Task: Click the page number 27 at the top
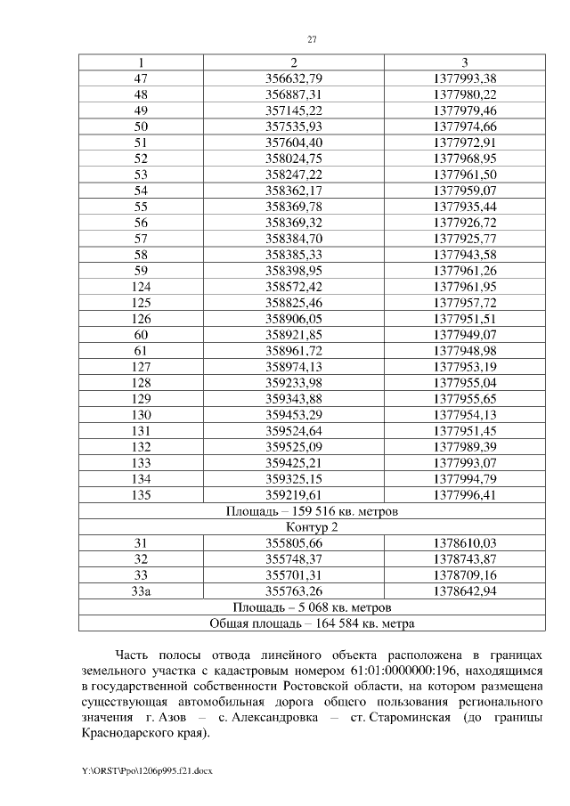pos(312,39)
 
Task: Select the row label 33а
pos(141,591)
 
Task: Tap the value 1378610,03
pos(465,543)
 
